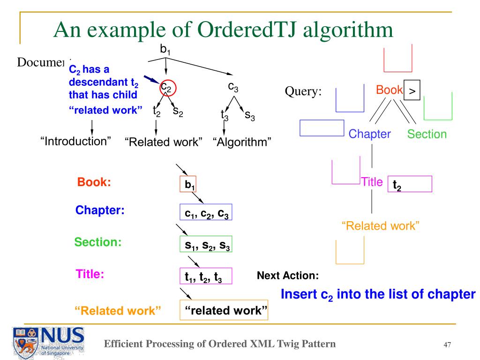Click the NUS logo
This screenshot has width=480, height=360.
coord(47,342)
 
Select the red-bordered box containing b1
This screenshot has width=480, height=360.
coord(187,184)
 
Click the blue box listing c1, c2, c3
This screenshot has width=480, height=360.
coord(206,212)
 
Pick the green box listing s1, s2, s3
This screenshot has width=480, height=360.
coord(206,244)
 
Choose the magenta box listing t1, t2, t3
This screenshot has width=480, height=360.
coord(206,276)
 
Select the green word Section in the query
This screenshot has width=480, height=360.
coord(427,134)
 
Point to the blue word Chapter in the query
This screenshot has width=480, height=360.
coord(369,134)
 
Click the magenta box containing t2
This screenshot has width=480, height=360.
coord(409,184)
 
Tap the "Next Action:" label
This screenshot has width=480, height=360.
coord(288,276)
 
